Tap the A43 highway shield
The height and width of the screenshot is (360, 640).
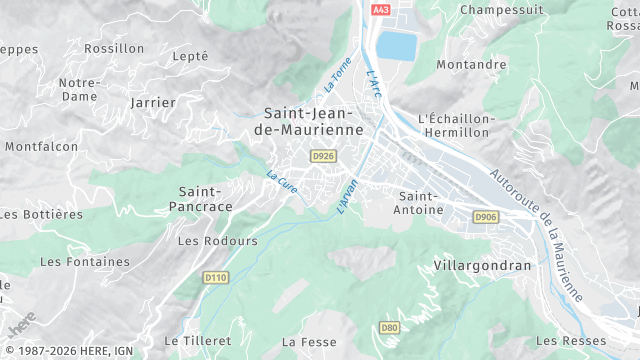[379, 9]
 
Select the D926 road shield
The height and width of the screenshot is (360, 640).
[322, 156]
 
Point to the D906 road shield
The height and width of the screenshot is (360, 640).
[486, 216]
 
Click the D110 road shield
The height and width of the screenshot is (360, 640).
[215, 277]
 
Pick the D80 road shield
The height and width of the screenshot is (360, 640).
[389, 327]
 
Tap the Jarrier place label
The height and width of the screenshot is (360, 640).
[153, 102]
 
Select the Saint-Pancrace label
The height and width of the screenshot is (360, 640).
[205, 198]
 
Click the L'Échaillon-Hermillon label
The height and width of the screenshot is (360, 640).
[457, 125]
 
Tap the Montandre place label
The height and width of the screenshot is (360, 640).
[471, 65]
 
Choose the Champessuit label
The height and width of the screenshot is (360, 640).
[501, 9]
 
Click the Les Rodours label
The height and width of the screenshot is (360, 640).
[217, 241]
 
